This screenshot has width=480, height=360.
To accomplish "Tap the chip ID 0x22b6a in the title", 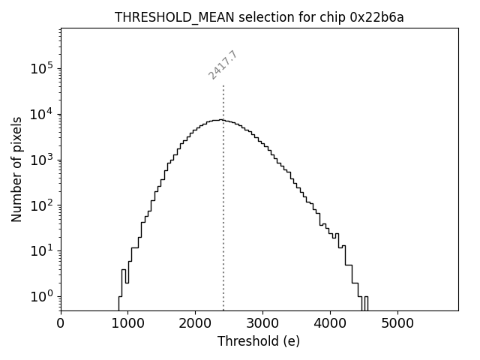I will (376, 17).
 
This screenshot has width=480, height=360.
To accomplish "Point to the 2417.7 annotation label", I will (223, 65).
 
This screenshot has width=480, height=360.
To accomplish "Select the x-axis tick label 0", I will (61, 324).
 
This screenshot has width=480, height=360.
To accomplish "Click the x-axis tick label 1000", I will (127, 324).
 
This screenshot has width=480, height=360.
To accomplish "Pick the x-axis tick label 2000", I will (195, 324).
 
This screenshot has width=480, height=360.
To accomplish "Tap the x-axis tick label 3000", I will (262, 324).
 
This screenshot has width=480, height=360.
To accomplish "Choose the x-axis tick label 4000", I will (329, 324).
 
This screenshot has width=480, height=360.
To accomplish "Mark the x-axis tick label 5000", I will (397, 324).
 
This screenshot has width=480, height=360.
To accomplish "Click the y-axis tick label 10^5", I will (40, 69).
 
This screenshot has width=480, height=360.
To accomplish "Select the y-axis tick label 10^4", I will (40, 114).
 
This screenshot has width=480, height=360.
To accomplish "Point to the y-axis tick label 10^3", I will (40, 160).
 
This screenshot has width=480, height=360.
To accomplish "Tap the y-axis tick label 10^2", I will (40, 205).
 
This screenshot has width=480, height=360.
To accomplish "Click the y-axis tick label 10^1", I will (40, 250).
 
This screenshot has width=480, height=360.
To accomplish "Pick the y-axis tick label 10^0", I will (40, 296).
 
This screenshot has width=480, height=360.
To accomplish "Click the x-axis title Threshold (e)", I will (259, 342).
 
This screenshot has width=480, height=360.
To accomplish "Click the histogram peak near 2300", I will (217, 120).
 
